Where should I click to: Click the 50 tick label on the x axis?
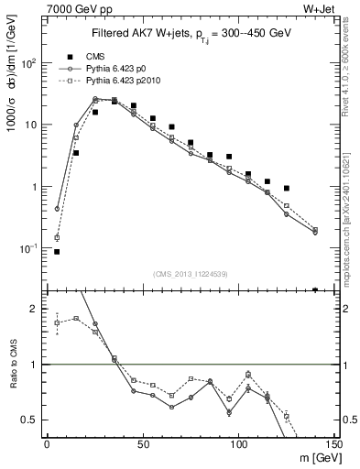(141, 443)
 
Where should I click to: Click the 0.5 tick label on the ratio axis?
(31, 420)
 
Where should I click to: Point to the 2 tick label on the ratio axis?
(35, 309)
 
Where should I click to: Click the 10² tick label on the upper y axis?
(29, 62)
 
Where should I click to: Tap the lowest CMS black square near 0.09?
(57, 251)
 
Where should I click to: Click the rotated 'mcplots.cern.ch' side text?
(352, 220)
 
